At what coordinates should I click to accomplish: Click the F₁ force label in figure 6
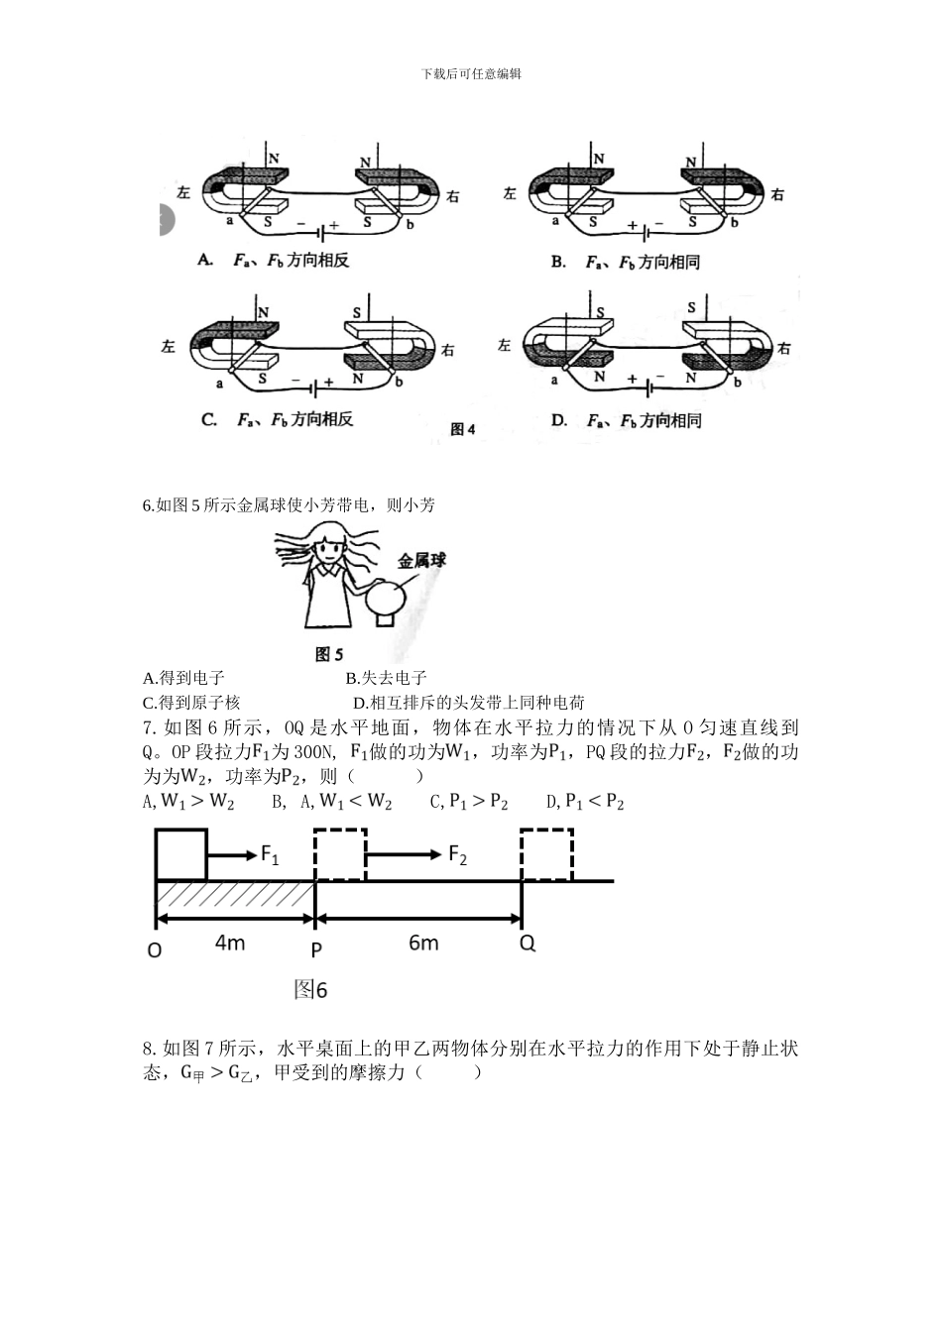(x=269, y=854)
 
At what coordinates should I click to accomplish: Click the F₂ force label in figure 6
(x=457, y=854)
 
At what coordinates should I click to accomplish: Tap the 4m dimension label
(x=230, y=942)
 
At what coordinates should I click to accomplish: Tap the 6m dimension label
(x=423, y=942)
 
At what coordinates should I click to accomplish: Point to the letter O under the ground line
(x=154, y=949)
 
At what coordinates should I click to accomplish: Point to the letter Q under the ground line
(x=528, y=943)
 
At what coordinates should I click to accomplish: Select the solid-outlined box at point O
(x=181, y=853)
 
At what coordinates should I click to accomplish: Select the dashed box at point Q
(x=547, y=853)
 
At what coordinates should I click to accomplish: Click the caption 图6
(x=310, y=989)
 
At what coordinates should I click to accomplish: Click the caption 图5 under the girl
(x=328, y=654)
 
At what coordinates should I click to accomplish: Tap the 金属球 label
(x=421, y=561)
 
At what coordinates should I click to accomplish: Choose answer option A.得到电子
(x=184, y=678)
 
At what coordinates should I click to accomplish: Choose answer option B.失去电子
(x=386, y=678)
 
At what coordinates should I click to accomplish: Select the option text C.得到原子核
(x=192, y=703)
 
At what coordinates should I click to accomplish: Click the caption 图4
(x=463, y=429)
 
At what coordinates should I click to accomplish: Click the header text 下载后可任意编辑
(x=471, y=73)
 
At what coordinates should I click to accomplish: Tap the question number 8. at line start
(x=150, y=1049)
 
